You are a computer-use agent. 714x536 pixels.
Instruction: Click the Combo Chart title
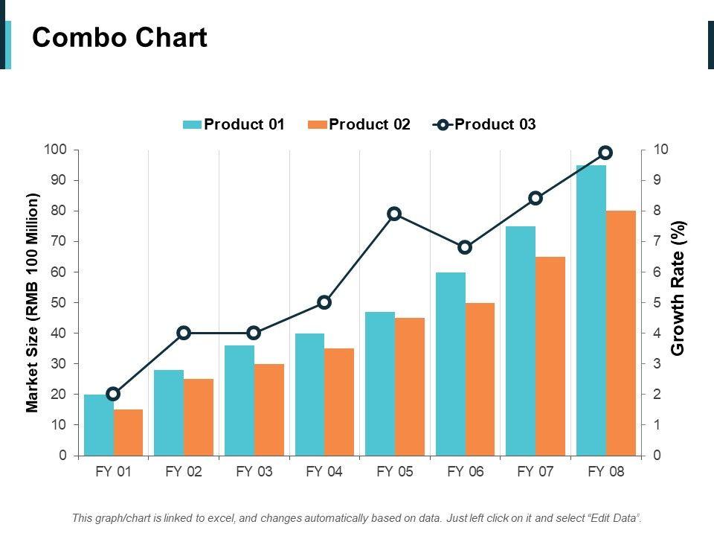click(x=120, y=37)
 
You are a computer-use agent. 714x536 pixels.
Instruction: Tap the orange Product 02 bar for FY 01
click(x=128, y=432)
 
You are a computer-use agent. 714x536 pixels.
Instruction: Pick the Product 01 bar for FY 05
click(x=380, y=383)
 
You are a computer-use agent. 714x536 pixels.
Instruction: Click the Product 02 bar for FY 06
click(x=480, y=379)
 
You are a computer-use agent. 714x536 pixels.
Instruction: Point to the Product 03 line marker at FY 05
click(x=394, y=214)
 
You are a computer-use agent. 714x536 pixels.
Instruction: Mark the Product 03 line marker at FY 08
click(x=605, y=153)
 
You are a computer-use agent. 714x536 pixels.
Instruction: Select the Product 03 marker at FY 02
click(x=184, y=333)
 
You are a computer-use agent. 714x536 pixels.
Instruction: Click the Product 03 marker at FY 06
click(x=465, y=247)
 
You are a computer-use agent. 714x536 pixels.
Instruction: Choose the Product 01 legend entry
click(x=234, y=125)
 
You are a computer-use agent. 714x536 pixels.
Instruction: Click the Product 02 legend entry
click(x=359, y=125)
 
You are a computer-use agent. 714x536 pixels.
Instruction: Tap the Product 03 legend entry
click(x=485, y=125)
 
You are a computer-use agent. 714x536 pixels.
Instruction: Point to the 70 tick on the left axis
click(x=58, y=241)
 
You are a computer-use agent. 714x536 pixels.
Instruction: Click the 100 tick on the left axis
click(x=56, y=150)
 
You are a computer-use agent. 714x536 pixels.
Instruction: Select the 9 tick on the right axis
click(x=657, y=180)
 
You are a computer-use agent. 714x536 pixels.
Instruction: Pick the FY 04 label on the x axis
click(x=324, y=472)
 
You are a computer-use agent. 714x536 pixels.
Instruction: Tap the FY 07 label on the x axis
click(x=535, y=472)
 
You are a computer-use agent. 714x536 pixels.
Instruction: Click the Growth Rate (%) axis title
click(x=678, y=288)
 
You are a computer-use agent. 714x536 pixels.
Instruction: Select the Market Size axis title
click(x=32, y=302)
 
